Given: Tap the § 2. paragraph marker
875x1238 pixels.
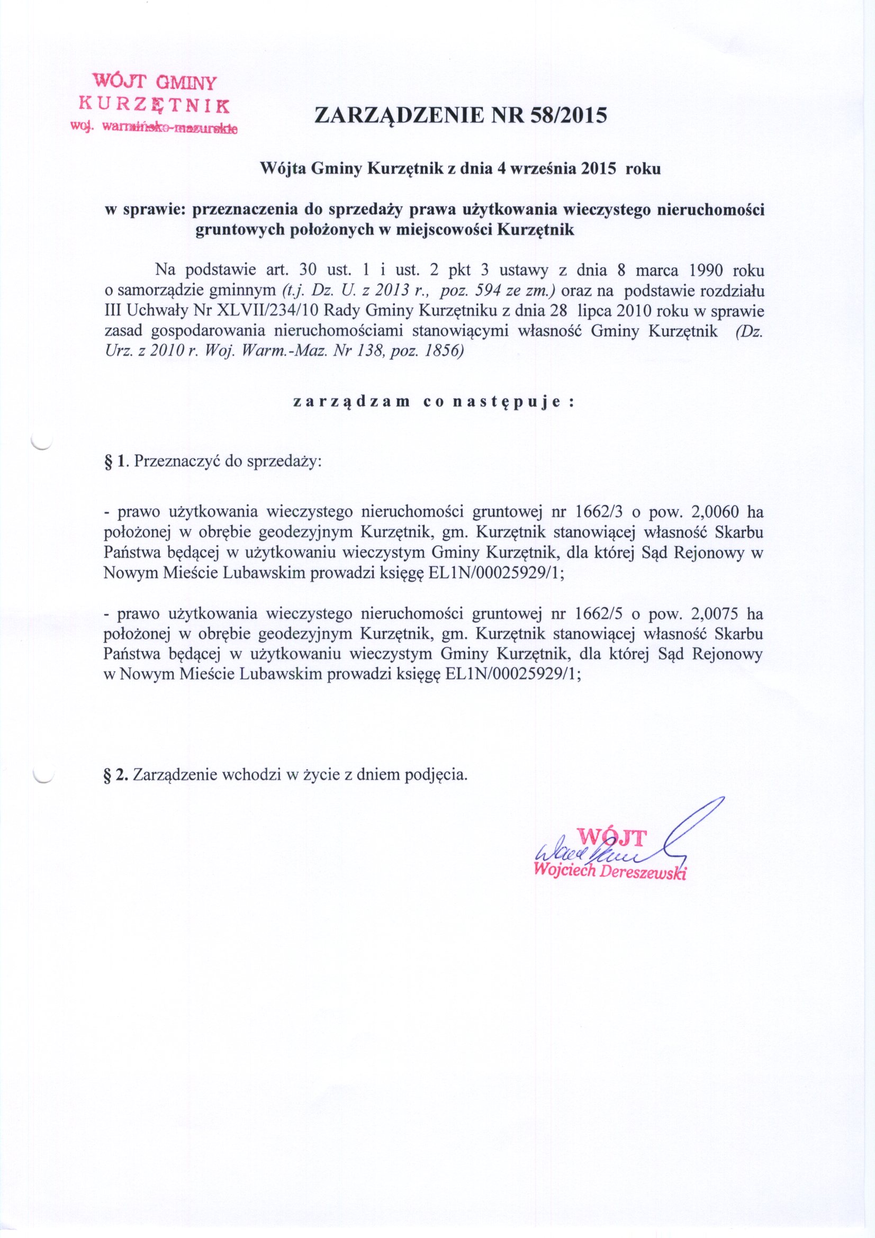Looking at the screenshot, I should (x=115, y=775).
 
